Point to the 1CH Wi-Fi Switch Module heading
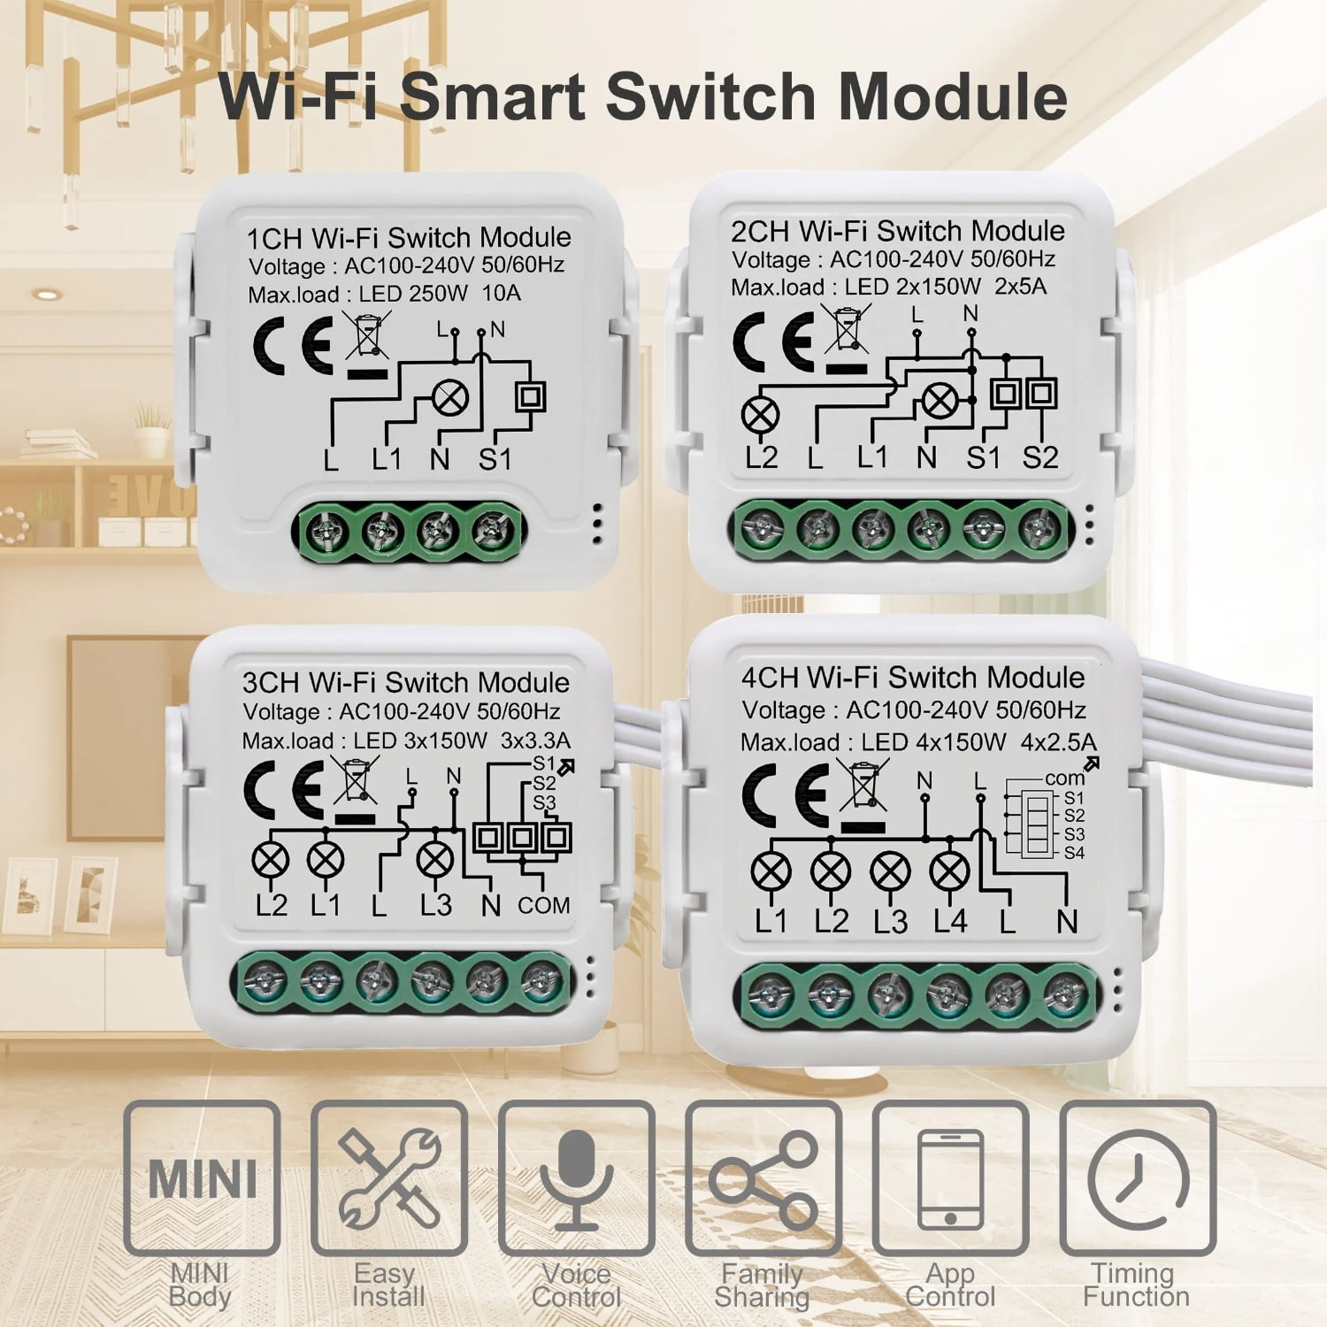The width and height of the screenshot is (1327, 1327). click(408, 238)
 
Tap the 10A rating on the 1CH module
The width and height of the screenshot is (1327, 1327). click(501, 294)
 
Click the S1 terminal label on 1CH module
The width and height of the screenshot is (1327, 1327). click(495, 459)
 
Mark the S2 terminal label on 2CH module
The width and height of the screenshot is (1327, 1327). click(1039, 457)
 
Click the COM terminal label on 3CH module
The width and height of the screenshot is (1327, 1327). click(543, 906)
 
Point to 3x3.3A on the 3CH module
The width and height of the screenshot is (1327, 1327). click(535, 740)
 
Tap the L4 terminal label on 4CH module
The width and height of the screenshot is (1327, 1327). click(949, 922)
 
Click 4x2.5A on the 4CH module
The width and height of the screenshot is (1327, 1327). click(1058, 741)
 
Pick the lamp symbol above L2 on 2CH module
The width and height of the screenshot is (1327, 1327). click(760, 414)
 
